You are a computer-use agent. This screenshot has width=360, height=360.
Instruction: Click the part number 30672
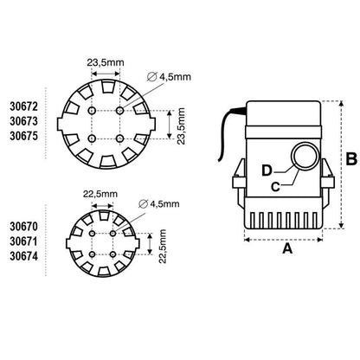[x=23, y=106]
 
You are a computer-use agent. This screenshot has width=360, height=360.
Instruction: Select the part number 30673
[x=23, y=121]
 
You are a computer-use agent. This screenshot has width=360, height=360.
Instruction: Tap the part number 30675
[x=23, y=136]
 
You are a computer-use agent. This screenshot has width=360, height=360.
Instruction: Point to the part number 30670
[x=23, y=227]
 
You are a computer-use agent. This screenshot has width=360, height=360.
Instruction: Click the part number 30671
[x=23, y=241]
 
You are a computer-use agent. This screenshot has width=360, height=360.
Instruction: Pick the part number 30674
[x=23, y=256]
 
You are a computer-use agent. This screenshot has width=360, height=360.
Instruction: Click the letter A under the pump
[x=287, y=248]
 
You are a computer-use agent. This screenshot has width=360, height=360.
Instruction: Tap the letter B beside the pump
[x=351, y=159]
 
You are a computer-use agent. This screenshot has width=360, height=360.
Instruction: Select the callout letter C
[x=275, y=187]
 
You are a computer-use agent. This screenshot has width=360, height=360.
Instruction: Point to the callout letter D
[x=267, y=170]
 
